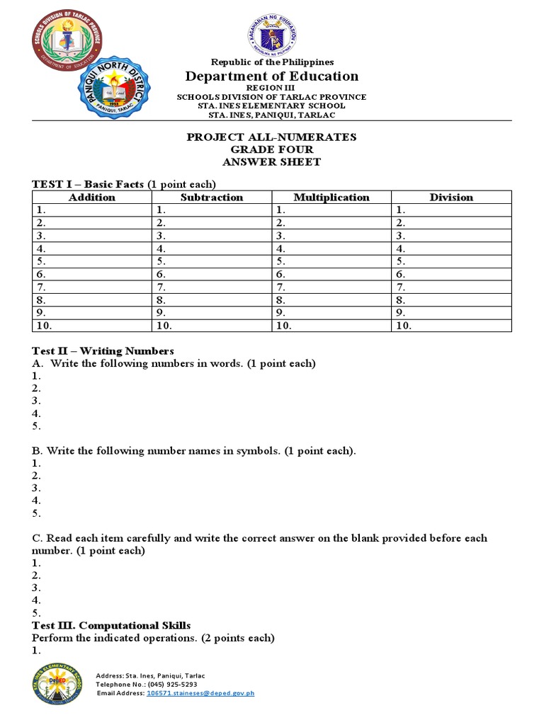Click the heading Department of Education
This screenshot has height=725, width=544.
tap(272, 76)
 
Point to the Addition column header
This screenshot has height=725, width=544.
tap(92, 198)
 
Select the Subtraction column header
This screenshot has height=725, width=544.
tap(212, 198)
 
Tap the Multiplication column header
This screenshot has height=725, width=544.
tap(331, 198)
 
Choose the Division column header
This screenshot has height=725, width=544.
tap(451, 198)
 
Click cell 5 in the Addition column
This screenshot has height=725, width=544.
tap(92, 261)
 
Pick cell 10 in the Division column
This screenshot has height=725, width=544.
tap(451, 326)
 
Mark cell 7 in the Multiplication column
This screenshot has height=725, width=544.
tap(331, 287)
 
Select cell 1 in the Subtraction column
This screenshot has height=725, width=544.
tap(212, 210)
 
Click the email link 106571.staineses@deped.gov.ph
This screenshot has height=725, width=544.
tap(200, 693)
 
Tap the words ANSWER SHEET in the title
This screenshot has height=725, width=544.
tap(271, 162)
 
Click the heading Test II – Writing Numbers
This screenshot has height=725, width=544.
tap(103, 351)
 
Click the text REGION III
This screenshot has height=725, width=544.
tap(271, 87)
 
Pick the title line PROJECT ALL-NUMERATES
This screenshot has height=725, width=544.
tap(271, 137)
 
